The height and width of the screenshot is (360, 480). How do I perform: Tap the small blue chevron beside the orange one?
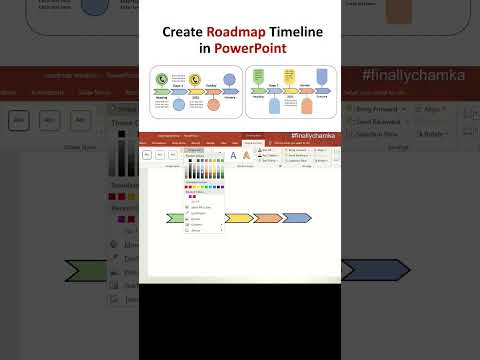297,218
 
